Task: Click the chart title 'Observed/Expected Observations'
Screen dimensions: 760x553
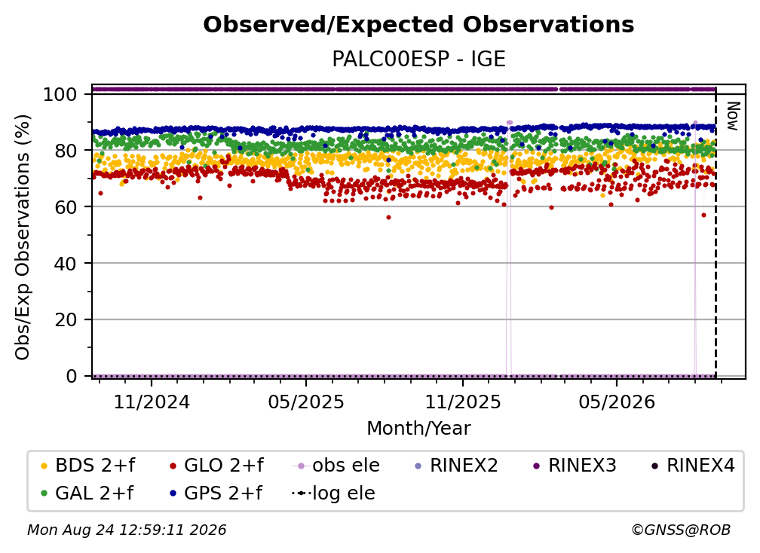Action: click(418, 25)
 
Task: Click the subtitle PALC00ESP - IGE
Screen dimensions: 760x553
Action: click(418, 59)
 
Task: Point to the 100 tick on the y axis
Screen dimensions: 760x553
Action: click(60, 94)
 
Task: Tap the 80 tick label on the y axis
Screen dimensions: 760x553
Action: click(66, 151)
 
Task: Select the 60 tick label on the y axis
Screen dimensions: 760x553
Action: click(66, 207)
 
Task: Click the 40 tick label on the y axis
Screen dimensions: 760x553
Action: click(66, 264)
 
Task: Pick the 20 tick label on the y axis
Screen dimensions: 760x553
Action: click(66, 320)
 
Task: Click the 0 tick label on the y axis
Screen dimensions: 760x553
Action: click(72, 376)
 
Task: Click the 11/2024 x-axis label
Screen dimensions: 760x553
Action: click(152, 402)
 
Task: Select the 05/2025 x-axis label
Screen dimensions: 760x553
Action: click(306, 402)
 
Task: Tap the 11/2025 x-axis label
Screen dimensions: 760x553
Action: click(463, 402)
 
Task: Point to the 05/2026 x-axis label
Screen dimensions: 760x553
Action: click(617, 402)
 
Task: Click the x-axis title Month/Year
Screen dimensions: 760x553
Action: click(418, 428)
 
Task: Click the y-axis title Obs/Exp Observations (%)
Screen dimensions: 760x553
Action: click(23, 237)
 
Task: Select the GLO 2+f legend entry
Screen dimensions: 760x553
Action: click(216, 466)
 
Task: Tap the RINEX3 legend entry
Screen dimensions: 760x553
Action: click(575, 466)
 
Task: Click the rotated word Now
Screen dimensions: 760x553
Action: click(732, 116)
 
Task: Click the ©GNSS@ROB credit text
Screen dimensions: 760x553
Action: click(681, 530)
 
